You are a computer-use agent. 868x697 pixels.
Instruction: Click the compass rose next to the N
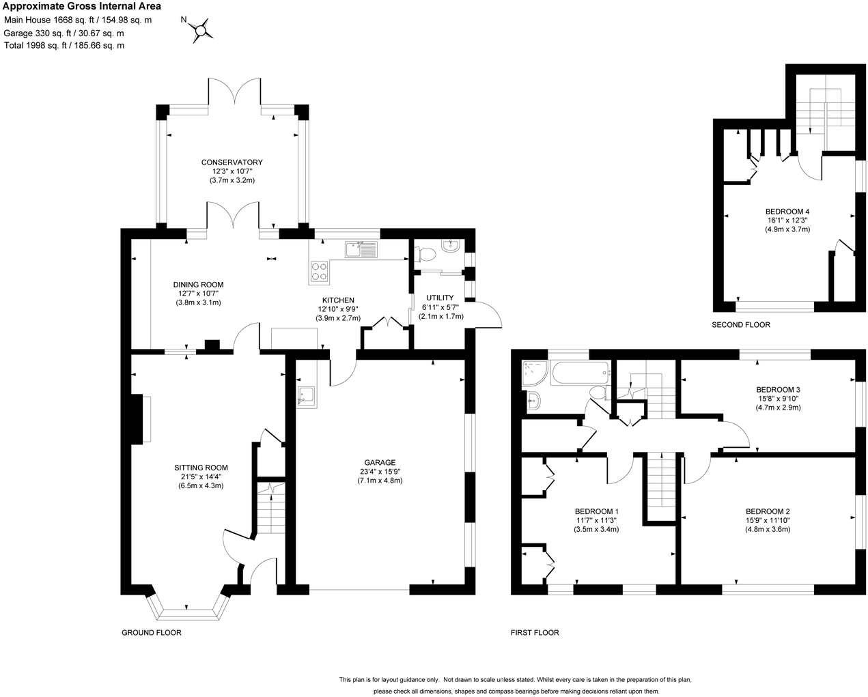[x=201, y=31]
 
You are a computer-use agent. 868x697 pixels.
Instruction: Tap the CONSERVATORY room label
[x=232, y=162]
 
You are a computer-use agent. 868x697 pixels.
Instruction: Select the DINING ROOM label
[x=198, y=285]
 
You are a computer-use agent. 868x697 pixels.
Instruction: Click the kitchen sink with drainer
[x=361, y=249]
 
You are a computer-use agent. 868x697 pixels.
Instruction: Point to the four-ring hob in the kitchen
[x=319, y=272]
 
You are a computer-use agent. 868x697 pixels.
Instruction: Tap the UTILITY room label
[x=440, y=298]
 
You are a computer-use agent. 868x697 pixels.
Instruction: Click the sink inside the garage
[x=306, y=396]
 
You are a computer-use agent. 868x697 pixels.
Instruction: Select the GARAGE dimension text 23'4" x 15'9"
[x=380, y=472]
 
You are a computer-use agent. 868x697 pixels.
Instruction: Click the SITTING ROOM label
[x=201, y=468]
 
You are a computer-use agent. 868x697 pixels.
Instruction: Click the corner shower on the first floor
[x=535, y=373]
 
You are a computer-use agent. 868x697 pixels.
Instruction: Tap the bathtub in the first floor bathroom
[x=580, y=373]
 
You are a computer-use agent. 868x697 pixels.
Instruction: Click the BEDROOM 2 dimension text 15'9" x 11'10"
[x=768, y=520]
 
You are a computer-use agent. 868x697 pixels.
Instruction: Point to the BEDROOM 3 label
[x=778, y=390]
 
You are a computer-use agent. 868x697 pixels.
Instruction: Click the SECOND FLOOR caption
[x=741, y=325]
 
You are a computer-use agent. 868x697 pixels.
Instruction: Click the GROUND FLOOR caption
[x=151, y=632]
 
